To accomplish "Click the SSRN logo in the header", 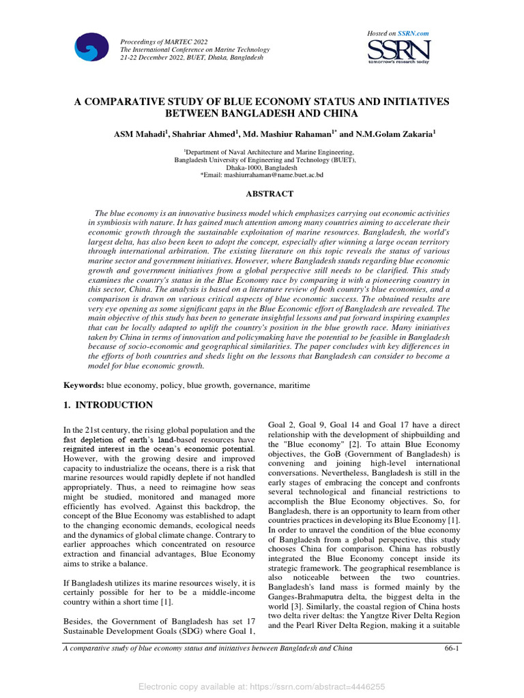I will click(x=398, y=51).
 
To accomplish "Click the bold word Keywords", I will click(x=83, y=385).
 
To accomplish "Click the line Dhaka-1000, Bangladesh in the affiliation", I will click(x=261, y=167).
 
